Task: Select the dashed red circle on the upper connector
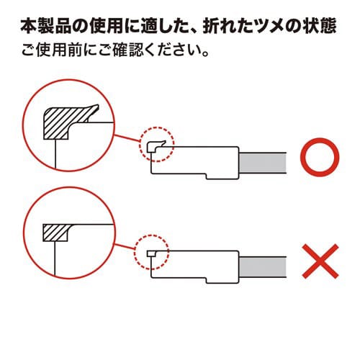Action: click(156, 147)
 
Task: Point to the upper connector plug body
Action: click(194, 162)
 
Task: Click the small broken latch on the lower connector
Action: click(150, 253)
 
